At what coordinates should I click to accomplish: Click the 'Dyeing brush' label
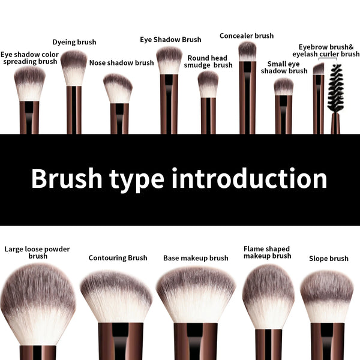tap(74, 42)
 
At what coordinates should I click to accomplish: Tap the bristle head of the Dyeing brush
tap(74, 67)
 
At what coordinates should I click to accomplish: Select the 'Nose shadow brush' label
tap(121, 62)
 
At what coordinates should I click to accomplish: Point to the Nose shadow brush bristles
tap(118, 88)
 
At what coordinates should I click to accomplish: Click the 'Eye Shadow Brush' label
tap(170, 40)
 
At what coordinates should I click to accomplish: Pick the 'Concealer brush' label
tap(247, 36)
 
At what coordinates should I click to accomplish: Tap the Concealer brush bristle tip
tap(247, 51)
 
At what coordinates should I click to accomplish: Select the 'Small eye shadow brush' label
tap(284, 67)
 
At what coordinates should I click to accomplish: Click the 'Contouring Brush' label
tap(118, 258)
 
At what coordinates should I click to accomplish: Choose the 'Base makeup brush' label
tap(196, 258)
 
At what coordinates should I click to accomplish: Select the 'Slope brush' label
tap(328, 259)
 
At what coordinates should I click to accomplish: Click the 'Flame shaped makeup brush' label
tap(267, 252)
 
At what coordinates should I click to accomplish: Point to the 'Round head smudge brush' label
tap(208, 62)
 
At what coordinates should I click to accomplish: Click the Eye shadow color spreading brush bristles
tap(29, 83)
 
